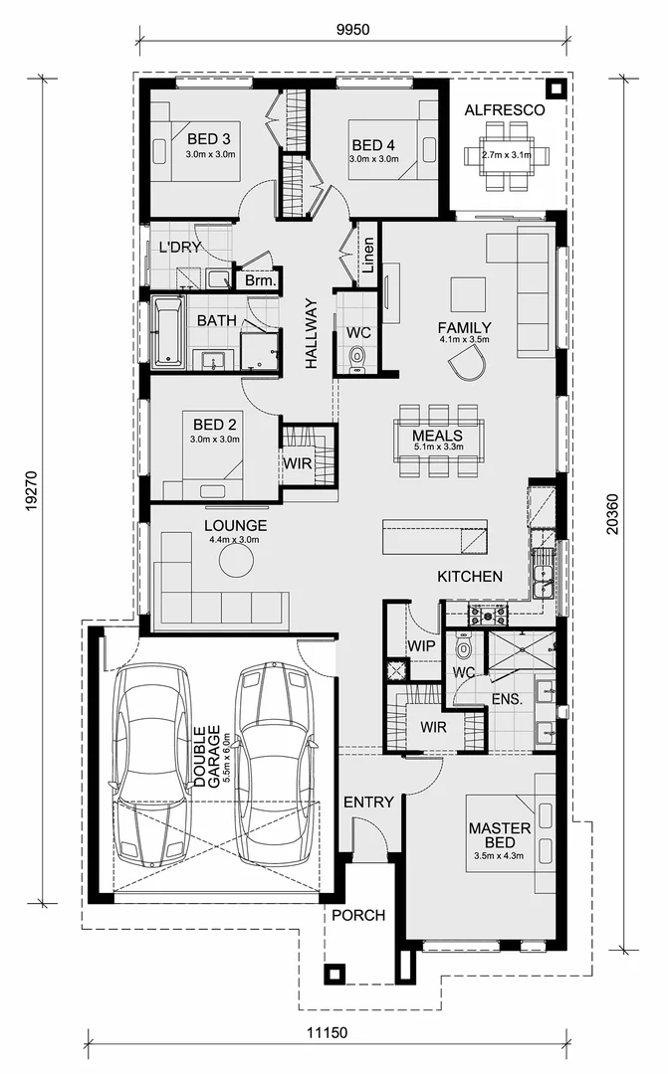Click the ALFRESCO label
tap(505, 110)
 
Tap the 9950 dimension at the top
tap(352, 29)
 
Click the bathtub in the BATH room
tap(168, 331)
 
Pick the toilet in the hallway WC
tap(358, 357)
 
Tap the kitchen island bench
tap(435, 537)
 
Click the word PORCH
tap(357, 915)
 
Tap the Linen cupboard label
tap(367, 256)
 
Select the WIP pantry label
tap(422, 645)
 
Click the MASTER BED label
tap(492, 834)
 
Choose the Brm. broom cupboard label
tap(259, 281)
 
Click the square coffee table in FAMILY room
tap(468, 295)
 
